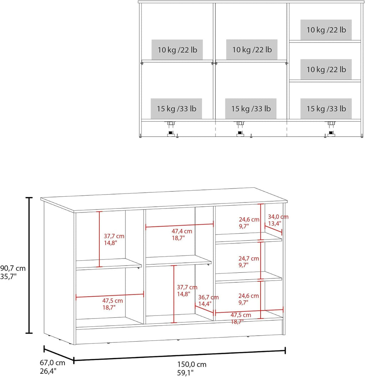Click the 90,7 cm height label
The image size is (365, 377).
coord(13,268)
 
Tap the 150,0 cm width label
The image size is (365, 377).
coord(192,365)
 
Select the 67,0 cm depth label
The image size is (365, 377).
coord(52,363)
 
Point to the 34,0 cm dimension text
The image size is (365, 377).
coord(278,217)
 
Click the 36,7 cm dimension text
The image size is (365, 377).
coord(208,297)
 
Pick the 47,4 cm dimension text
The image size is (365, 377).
coord(182,231)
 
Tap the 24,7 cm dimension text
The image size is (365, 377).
coord(249,258)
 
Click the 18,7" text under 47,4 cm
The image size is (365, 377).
coord(178,238)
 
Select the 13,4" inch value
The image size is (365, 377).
coord(274,223)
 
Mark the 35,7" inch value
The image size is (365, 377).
coord(8,276)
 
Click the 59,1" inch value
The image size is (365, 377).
coord(185,373)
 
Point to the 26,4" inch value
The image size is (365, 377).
coord(48,371)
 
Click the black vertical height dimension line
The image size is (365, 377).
coord(29,265)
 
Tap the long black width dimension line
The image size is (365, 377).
coord(179,355)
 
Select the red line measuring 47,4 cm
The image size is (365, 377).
coord(179,225)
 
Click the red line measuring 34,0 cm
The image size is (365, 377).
coord(273,228)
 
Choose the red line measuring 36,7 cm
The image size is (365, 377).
coord(204,310)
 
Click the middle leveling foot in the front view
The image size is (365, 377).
coord(240,130)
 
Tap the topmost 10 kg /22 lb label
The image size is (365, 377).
coord(326,30)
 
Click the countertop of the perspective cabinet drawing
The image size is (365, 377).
coord(164,200)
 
